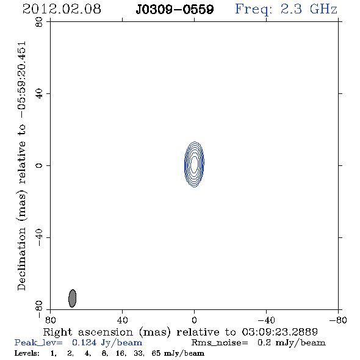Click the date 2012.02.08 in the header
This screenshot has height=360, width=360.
click(62, 9)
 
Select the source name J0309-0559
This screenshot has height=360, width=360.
click(175, 10)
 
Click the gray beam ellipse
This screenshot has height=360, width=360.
click(73, 298)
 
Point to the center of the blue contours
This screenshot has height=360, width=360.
click(194, 164)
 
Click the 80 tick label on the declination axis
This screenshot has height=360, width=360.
click(39, 22)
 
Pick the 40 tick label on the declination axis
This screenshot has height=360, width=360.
click(39, 94)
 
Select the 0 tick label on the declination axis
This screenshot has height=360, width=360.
click(39, 165)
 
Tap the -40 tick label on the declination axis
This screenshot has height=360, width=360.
click(39, 237)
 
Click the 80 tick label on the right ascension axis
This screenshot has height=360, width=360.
click(50, 320)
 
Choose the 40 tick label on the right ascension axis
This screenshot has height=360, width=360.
click(122, 320)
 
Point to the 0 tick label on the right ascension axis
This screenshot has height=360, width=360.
click(194, 320)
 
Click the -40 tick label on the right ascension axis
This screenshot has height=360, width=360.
click(266, 320)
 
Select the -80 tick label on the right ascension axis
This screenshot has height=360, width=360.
click(338, 320)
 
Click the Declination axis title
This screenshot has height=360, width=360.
click(21, 166)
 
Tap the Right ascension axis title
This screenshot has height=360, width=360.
click(181, 332)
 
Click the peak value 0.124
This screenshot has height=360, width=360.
click(84, 342)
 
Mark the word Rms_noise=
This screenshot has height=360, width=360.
click(220, 343)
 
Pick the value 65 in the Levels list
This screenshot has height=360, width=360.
click(156, 353)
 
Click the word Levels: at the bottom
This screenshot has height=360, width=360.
click(27, 353)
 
